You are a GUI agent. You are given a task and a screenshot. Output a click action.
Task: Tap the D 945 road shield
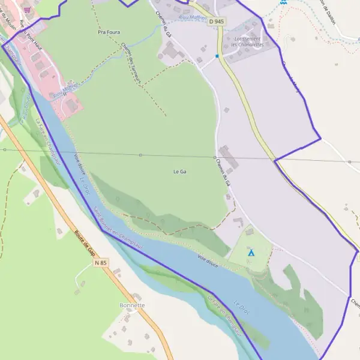[217, 22]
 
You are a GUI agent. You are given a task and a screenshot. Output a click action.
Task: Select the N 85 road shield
[100, 263]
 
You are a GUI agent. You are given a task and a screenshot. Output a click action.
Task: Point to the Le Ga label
[180, 172]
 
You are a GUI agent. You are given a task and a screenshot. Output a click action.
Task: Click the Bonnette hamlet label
[132, 305]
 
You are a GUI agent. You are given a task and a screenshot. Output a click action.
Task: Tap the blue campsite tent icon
[251, 253]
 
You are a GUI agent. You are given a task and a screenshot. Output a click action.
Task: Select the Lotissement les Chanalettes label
[247, 41]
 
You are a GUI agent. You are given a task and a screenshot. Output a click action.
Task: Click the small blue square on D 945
[217, 56]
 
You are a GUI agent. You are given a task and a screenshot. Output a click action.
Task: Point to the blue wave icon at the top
[283, 2]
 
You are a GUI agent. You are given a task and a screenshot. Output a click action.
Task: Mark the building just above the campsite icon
[250, 231]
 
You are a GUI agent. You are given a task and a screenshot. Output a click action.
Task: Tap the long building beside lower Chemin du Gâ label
[229, 157]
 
